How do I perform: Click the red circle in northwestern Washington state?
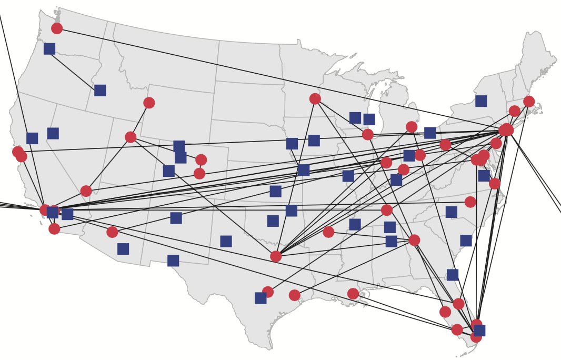pos(57,28)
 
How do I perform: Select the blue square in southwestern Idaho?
pos(100,91)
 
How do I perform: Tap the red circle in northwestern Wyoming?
pos(149,103)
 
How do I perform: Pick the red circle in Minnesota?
pos(315,99)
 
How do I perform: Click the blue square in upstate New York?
pos(481,101)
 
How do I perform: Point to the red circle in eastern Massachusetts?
pos(529,102)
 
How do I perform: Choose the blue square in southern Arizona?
pos(123,249)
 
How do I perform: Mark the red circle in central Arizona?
pos(112,232)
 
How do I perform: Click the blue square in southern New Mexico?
pos(173,261)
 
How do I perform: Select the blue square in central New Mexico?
pos(176,218)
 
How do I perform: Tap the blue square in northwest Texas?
pos(226,241)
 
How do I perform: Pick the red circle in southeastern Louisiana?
pos(353,294)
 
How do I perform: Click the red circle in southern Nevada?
pos(86,191)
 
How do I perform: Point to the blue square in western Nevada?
pos(53,133)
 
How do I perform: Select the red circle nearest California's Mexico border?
pos(54,228)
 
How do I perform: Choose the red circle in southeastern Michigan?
pos(412,127)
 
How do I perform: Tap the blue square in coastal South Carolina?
pos(466,241)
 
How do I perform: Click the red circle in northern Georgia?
pos(414,240)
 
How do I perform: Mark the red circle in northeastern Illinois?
pos(368,134)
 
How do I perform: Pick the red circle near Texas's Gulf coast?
pos(294,295)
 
